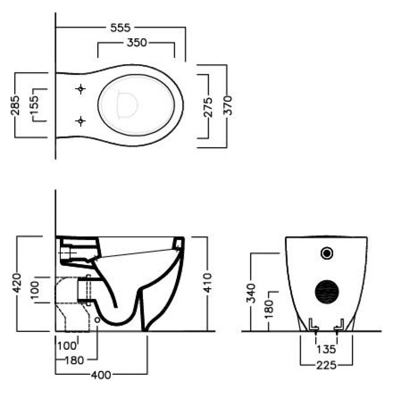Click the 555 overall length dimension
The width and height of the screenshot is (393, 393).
(120, 28)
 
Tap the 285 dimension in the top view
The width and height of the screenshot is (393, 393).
(16, 105)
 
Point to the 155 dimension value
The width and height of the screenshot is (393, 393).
(34, 105)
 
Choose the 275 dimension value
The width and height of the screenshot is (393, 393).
(208, 107)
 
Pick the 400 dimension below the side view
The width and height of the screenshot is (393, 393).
(100, 375)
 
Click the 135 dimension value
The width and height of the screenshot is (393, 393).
(327, 349)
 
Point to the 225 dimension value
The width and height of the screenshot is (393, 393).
(327, 365)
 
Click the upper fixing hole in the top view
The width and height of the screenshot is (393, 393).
(80, 89)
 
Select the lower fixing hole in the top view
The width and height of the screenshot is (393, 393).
(80, 121)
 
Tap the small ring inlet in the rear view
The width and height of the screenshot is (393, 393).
(327, 252)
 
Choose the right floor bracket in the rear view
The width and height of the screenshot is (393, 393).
(339, 324)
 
